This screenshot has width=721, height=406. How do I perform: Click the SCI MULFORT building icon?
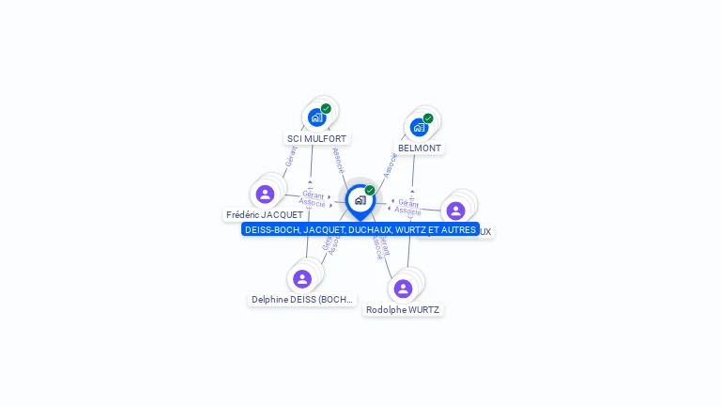coord(316,117)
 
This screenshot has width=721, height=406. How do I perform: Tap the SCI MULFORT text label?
coord(316,139)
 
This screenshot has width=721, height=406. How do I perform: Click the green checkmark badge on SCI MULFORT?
coord(326,109)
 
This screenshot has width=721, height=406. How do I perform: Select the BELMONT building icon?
coord(419,127)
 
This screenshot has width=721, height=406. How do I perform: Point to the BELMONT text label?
coord(419,148)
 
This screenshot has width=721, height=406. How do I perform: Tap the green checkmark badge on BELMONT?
coord(428,118)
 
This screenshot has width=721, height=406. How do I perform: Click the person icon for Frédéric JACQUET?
coord(265,195)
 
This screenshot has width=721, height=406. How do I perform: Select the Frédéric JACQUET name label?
coord(264,215)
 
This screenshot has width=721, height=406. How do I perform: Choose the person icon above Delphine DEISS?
coord(301,279)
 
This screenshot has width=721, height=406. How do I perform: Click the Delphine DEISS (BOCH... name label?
coord(301,300)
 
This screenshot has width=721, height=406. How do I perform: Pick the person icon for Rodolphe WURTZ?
coord(403,289)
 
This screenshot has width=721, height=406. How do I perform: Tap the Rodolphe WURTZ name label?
coord(403,310)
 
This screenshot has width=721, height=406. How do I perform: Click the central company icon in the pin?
coord(360,200)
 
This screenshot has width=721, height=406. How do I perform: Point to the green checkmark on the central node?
coord(370,191)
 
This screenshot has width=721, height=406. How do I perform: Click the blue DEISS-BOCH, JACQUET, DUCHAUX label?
coord(360,229)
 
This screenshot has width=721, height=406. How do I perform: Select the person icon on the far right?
coord(455,211)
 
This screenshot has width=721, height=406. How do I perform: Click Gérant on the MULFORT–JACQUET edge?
coord(291,156)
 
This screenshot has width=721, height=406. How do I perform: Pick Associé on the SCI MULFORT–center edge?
coord(338,160)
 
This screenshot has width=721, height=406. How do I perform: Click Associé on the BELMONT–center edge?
coord(389,164)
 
